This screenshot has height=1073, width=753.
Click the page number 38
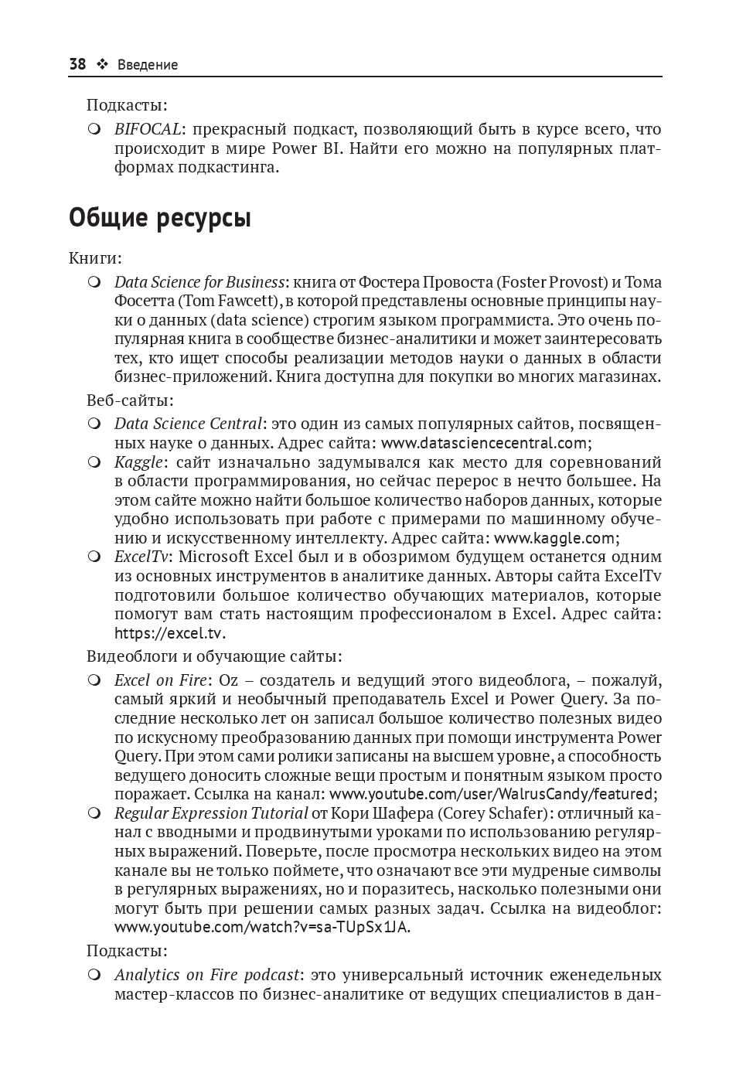coord(77,64)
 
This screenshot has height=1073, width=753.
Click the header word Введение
coord(148,65)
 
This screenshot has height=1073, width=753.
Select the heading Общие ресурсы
coord(160,219)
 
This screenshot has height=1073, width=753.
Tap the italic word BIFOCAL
coord(148,129)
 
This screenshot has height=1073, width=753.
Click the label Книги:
coord(95,258)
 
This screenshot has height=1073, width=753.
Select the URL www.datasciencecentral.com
coord(485,443)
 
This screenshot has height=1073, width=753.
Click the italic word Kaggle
coord(138,462)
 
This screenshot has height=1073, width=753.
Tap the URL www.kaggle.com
coord(554,538)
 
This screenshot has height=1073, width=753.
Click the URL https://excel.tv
coord(169,633)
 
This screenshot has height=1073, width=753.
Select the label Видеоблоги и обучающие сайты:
coord(214,656)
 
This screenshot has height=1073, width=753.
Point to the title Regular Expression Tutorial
coord(211,813)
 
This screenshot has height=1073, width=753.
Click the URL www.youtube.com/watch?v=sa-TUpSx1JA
coord(261,927)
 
